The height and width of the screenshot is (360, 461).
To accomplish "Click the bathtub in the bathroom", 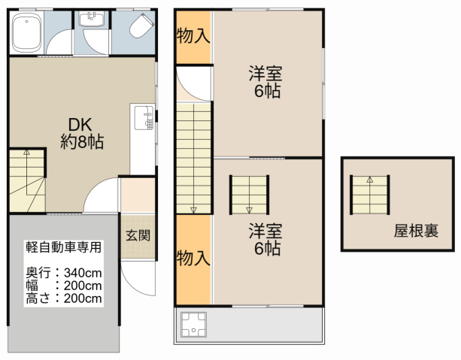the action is [26, 32].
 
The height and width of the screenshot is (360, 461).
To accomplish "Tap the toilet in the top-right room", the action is [141, 26].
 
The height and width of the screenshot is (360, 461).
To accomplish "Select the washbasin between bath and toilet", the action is [92, 19].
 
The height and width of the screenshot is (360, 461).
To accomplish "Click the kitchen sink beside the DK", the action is [144, 117].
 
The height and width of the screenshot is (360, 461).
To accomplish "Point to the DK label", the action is [80, 125].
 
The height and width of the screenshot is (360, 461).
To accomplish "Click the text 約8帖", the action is [82, 141].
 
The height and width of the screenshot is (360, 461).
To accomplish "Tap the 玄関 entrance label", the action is [138, 235].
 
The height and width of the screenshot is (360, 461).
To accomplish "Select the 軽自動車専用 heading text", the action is [63, 247].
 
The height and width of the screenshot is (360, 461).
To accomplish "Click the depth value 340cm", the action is [83, 273].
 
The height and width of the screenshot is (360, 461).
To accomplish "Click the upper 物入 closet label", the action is [193, 36].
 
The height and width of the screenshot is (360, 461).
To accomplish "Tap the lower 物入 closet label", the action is [193, 258].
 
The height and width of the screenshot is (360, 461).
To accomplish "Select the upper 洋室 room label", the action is [265, 74].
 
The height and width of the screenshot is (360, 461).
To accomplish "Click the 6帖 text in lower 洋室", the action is [267, 248].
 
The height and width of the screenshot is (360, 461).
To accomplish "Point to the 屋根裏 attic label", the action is [416, 231].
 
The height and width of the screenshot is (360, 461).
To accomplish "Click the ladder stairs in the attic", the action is [370, 195].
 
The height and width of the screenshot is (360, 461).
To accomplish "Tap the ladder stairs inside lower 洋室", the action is [250, 195].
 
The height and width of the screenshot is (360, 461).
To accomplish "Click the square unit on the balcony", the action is [193, 325].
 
